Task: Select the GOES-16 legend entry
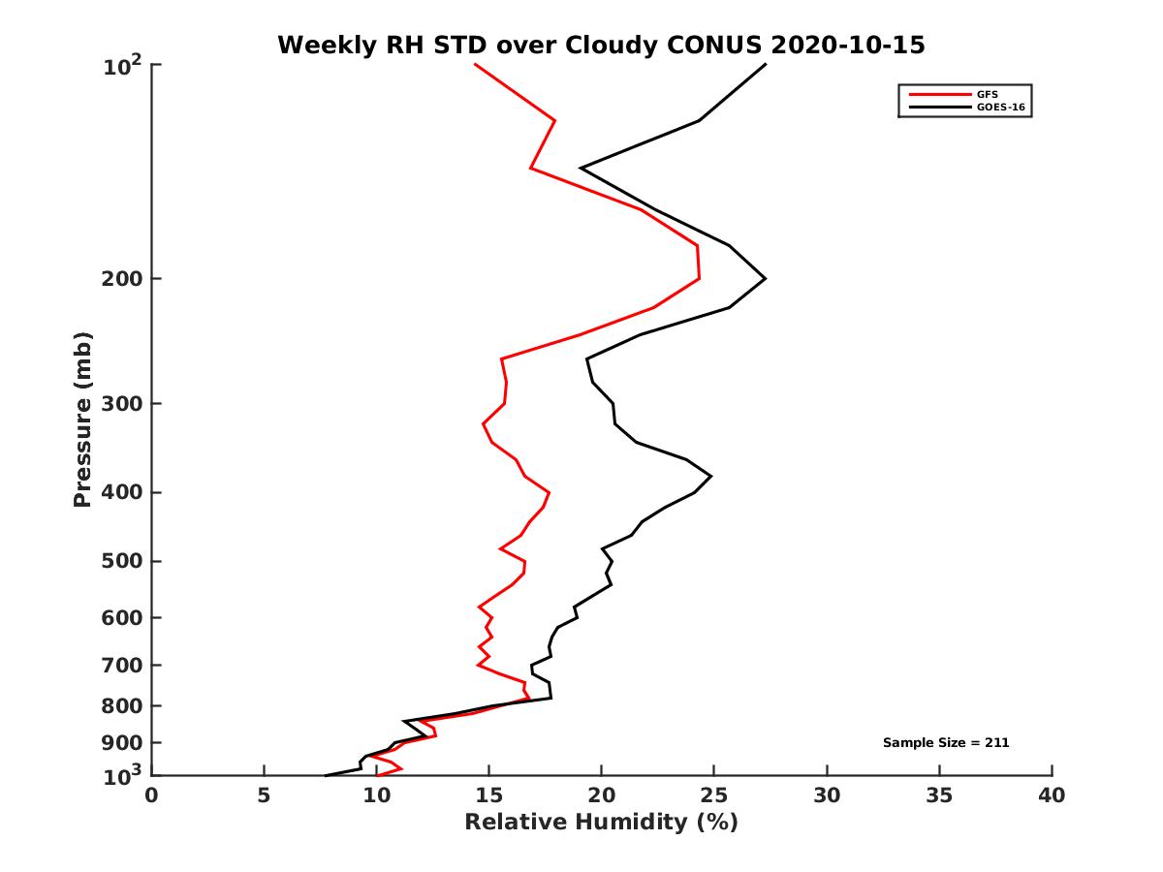click(x=999, y=108)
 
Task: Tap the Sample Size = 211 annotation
click(x=946, y=743)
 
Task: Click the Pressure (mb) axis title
click(x=82, y=420)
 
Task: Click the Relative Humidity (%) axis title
click(x=601, y=823)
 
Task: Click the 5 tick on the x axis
click(x=264, y=795)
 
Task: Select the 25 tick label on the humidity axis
click(x=713, y=795)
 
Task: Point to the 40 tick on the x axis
click(x=1052, y=795)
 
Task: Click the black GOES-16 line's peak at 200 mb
click(x=766, y=279)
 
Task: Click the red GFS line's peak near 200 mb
click(x=699, y=278)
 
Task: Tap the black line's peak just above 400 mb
click(x=711, y=476)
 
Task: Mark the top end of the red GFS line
click(x=475, y=64)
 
